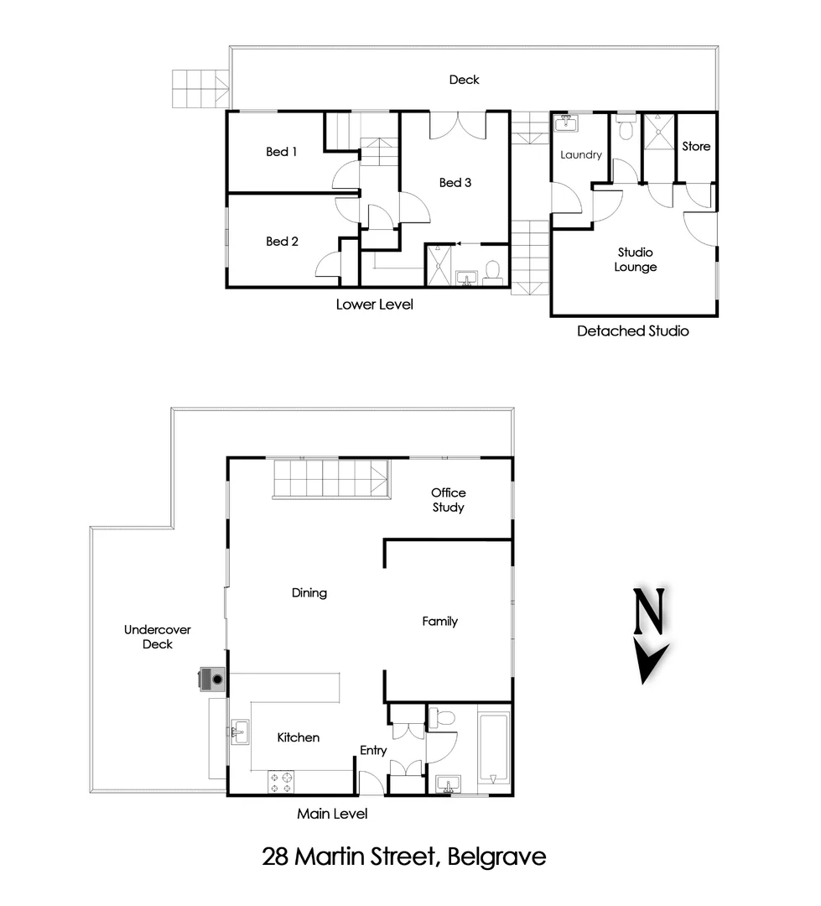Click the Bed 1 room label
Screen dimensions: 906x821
click(x=282, y=152)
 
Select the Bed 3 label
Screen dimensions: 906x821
click(x=455, y=182)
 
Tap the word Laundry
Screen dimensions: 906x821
click(x=581, y=154)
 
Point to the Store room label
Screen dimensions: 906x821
click(x=696, y=146)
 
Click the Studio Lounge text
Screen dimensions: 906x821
click(x=635, y=259)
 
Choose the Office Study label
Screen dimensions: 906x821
click(x=449, y=500)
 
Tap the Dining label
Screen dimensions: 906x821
click(x=309, y=592)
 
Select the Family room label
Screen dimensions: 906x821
click(x=439, y=622)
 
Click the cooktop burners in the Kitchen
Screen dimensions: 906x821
click(x=280, y=782)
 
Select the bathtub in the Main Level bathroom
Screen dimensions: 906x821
click(x=493, y=748)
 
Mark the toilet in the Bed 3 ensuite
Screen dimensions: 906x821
click(x=493, y=270)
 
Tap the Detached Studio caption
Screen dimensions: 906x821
click(x=632, y=331)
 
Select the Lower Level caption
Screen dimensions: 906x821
click(x=374, y=305)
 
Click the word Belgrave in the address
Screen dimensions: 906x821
click(x=497, y=857)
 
